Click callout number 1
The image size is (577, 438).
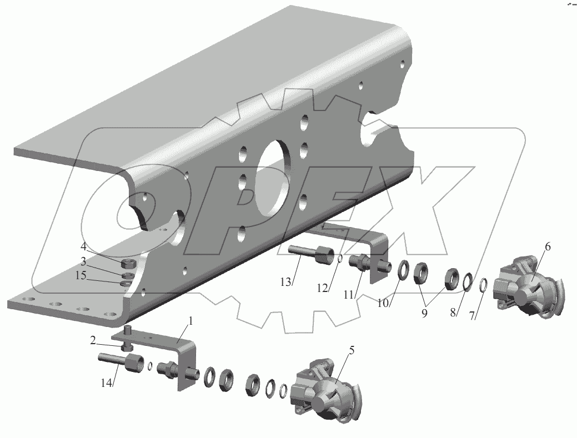click(x=190, y=321)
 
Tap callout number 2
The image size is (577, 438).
click(x=93, y=340)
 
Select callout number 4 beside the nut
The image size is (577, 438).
click(x=83, y=246)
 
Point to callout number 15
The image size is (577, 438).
click(x=81, y=275)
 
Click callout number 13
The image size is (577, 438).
click(x=285, y=282)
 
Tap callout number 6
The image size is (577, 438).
click(x=548, y=247)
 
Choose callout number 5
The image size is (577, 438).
click(x=352, y=350)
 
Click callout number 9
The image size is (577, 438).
click(x=424, y=313)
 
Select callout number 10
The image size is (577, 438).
click(x=383, y=303)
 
